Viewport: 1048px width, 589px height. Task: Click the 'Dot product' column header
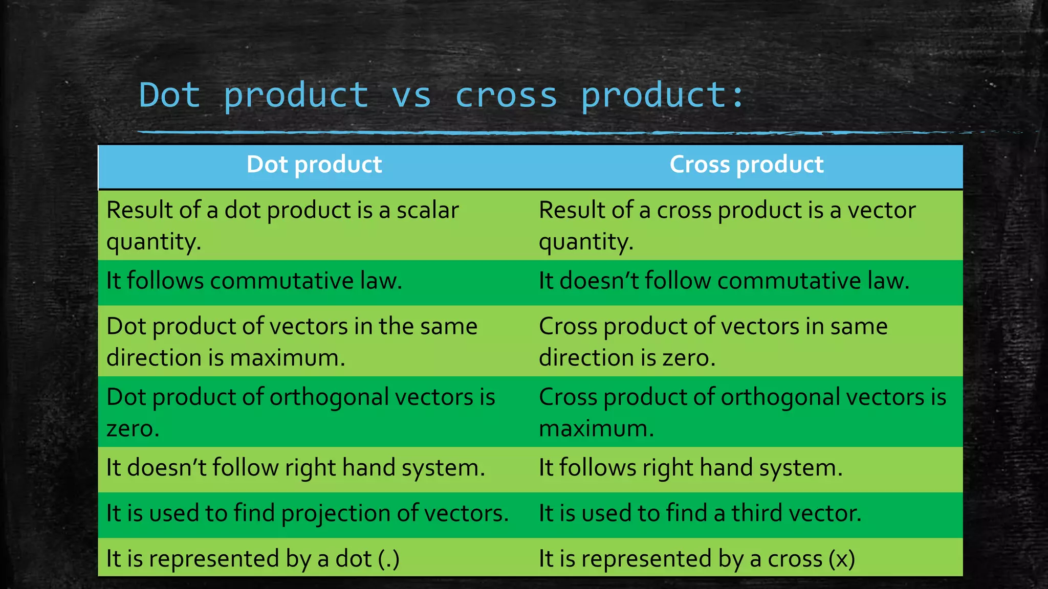[x=314, y=165]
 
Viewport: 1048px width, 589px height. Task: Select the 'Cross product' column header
[x=746, y=165]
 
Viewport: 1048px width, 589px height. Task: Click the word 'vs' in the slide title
[x=411, y=95]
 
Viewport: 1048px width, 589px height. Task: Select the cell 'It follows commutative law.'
[x=254, y=281]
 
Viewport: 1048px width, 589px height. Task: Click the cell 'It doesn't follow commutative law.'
[x=724, y=281]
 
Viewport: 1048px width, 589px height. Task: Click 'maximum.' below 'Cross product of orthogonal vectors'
[x=596, y=428]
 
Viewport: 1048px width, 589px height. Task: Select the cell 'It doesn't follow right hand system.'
[x=295, y=468]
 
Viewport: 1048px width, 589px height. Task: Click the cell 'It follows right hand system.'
[x=690, y=468]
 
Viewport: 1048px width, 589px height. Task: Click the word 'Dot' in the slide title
[x=169, y=95]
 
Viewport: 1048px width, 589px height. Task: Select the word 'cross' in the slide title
[x=506, y=95]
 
